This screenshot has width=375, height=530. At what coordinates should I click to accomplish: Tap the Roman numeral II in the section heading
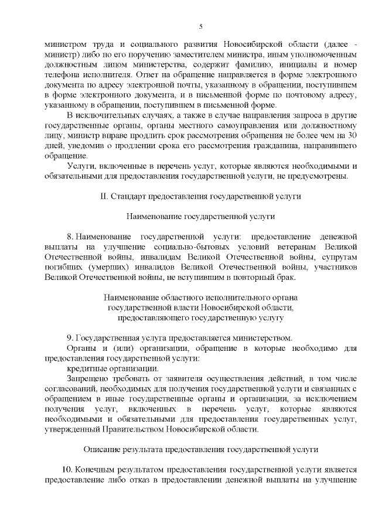coord(103,194)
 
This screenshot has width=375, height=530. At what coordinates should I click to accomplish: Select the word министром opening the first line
coord(65,44)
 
